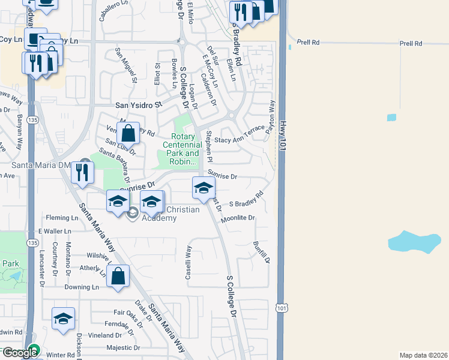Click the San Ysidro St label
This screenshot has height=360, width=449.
(139, 104)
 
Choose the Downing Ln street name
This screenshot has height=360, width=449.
(82, 287)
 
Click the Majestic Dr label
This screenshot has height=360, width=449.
(123, 347)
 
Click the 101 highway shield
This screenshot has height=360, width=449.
(282, 307)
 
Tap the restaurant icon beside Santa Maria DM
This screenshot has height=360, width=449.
(82, 172)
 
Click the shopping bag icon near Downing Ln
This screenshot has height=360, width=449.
(118, 277)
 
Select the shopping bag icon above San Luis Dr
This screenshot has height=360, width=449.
(128, 131)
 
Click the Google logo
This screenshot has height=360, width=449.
(19, 353)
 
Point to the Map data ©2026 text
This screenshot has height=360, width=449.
(423, 355)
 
